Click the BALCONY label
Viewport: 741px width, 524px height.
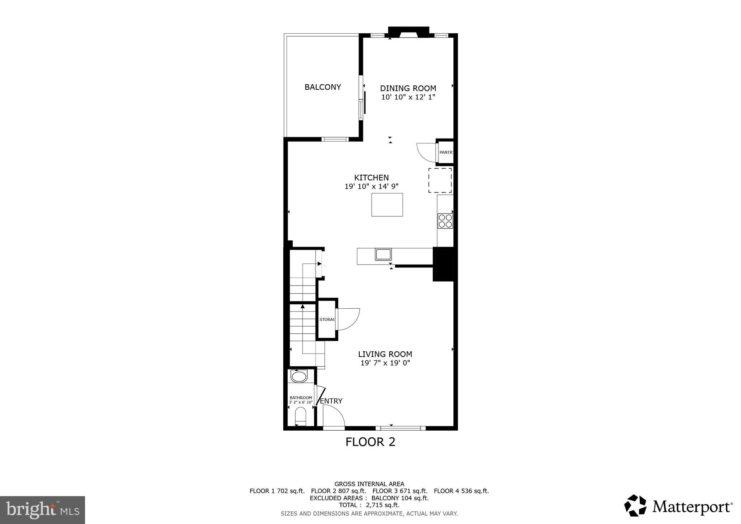(323, 87)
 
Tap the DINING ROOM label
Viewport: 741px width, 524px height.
(408, 88)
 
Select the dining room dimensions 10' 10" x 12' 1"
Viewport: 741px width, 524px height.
(408, 97)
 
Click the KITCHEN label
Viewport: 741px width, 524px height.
(371, 178)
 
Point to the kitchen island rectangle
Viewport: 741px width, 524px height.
(387, 205)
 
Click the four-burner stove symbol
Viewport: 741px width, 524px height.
(445, 221)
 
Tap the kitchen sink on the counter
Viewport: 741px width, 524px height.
(383, 254)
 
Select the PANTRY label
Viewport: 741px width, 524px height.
(446, 152)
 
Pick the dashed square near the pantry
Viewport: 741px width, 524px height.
(440, 180)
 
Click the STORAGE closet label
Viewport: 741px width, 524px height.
(327, 320)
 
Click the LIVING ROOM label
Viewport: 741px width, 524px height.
(385, 354)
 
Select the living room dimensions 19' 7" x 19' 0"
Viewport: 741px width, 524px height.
(385, 363)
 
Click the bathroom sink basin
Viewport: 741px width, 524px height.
(299, 377)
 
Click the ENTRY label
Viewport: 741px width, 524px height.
(331, 401)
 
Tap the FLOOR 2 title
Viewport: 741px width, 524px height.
(370, 442)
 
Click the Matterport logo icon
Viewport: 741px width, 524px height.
(635, 505)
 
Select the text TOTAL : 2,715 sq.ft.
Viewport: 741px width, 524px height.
(369, 505)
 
